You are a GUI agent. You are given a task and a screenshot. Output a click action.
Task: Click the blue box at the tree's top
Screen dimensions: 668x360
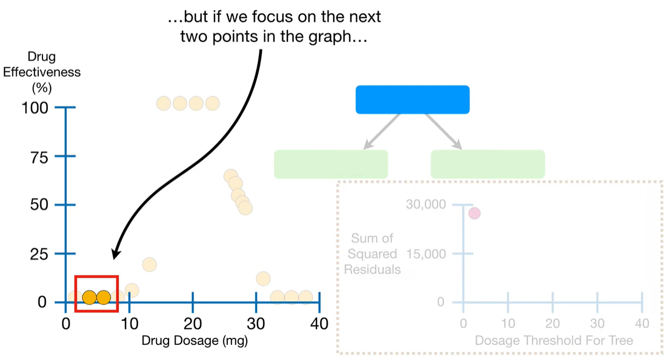pos(412,100)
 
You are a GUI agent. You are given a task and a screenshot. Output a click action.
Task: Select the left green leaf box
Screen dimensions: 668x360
pos(331,164)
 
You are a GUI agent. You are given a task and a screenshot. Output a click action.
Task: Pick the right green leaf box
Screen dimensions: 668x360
pos(488,164)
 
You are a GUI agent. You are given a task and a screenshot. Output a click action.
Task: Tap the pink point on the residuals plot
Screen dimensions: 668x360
pos(474,213)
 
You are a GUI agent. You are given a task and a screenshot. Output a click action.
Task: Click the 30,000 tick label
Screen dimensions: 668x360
pos(426,204)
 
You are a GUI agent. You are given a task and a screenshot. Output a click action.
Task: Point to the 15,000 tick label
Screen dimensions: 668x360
pos(426,254)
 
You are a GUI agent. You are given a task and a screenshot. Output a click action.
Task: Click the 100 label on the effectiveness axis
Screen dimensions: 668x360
pos(35,108)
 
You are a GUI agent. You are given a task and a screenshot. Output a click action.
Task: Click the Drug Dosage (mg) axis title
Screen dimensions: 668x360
pos(194,341)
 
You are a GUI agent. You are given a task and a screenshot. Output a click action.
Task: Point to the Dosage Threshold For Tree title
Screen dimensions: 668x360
pos(554,340)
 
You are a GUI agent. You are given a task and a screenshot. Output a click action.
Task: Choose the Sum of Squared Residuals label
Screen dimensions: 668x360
pos(372,254)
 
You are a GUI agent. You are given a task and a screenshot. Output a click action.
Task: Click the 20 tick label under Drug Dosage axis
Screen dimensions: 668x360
pos(193,324)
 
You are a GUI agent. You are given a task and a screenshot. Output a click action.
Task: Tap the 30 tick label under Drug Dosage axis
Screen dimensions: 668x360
pos(256,324)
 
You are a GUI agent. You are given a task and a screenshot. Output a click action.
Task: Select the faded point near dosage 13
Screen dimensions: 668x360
pos(149,264)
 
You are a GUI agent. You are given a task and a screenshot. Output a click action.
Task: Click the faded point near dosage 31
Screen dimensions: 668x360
pos(263,279)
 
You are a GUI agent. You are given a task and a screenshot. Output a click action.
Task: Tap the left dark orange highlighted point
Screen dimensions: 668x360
pos(89,297)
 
